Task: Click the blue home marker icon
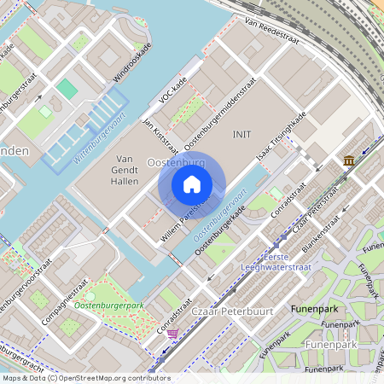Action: [x=192, y=184]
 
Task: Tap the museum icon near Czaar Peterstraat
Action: [x=349, y=161]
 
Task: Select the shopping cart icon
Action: [x=173, y=334]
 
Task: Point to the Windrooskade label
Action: [x=131, y=62]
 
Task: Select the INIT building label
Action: [x=242, y=135]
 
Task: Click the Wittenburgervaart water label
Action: [x=99, y=137]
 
